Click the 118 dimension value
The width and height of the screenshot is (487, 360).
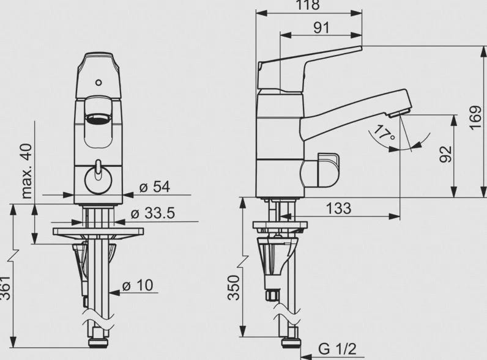click(x=308, y=4)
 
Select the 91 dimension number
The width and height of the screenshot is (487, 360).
click(x=321, y=28)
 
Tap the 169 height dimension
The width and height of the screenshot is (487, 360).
click(x=475, y=117)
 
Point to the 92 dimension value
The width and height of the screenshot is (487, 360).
click(x=446, y=154)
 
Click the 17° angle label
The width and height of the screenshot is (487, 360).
click(x=384, y=132)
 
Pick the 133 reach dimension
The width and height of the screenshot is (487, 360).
click(x=338, y=208)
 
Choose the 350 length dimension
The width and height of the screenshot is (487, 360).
click(x=234, y=287)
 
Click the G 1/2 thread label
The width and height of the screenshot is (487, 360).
click(x=337, y=349)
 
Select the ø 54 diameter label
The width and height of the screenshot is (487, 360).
click(x=155, y=187)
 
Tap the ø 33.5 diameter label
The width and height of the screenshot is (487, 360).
click(x=153, y=213)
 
